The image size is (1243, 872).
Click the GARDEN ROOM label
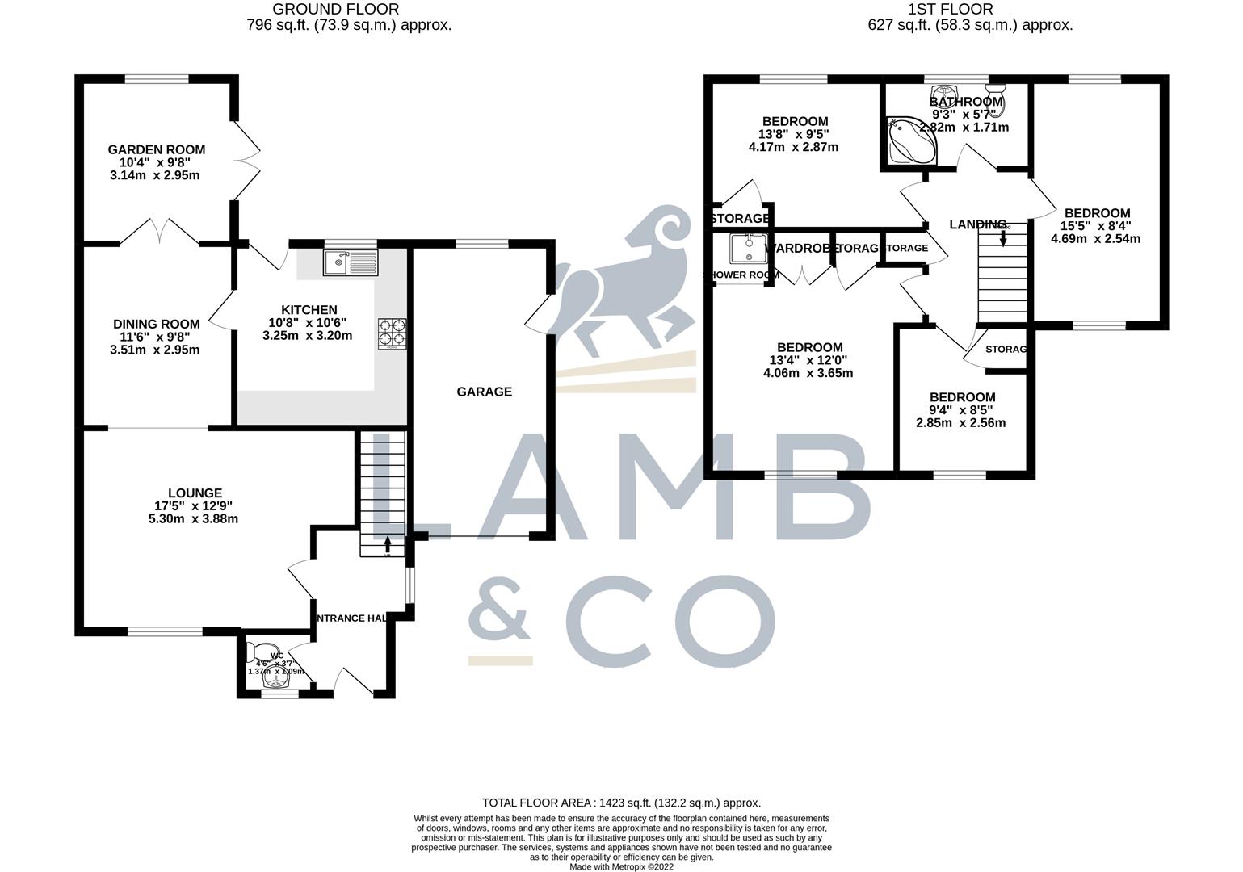pyautogui.click(x=157, y=149)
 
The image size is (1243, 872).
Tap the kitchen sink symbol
pyautogui.click(x=350, y=262)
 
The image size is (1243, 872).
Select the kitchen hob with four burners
pyautogui.click(x=393, y=333)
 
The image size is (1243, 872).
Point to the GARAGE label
pyautogui.click(x=485, y=392)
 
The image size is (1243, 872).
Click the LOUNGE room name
pyautogui.click(x=195, y=493)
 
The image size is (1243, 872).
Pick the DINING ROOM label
pyautogui.click(x=157, y=325)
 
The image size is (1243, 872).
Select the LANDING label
pyautogui.click(x=978, y=224)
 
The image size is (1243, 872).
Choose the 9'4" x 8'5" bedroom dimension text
pyautogui.click(x=962, y=410)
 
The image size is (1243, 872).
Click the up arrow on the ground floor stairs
pyautogui.click(x=387, y=543)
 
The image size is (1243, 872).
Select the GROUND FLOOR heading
pyautogui.click(x=336, y=10)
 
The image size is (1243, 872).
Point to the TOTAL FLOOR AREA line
pyautogui.click(x=621, y=803)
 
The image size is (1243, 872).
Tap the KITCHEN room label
pyautogui.click(x=309, y=310)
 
